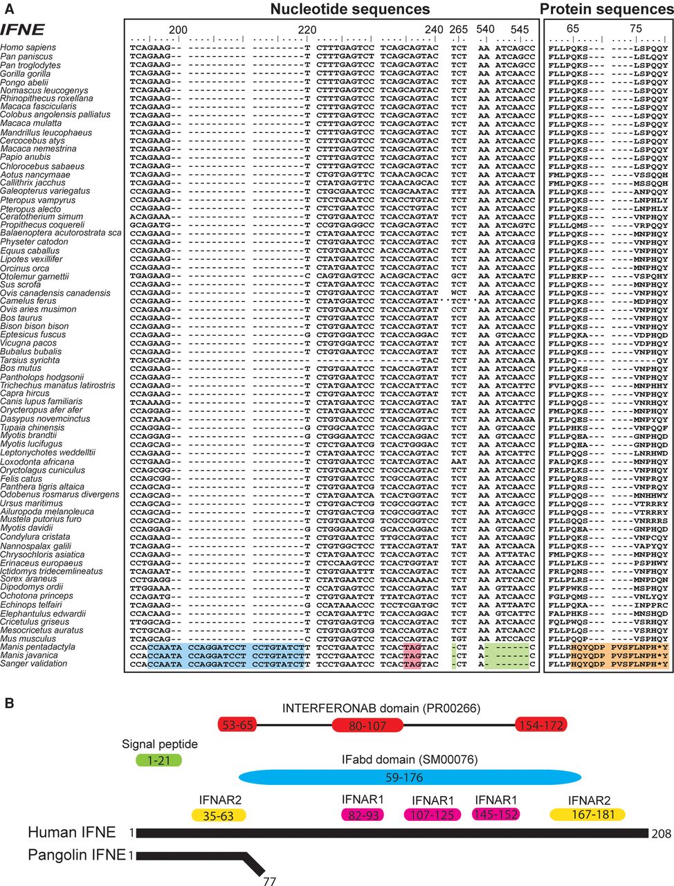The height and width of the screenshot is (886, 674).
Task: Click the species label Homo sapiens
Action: [28, 48]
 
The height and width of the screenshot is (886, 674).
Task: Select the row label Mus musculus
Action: [24, 639]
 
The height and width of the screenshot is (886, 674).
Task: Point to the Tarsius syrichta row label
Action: [30, 360]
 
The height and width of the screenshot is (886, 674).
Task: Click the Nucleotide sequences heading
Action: [349, 9]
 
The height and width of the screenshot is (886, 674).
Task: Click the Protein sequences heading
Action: [606, 9]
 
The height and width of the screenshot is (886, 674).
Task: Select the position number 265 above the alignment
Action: [458, 30]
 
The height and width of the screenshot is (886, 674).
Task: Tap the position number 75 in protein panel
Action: [636, 30]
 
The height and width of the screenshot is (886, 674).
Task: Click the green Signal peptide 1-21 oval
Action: [159, 760]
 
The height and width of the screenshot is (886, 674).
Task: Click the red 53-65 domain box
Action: [237, 725]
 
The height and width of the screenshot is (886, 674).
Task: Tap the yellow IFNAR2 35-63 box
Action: [218, 816]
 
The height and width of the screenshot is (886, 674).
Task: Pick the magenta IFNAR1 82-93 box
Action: [364, 815]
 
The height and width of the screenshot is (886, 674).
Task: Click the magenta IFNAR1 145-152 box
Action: [495, 815]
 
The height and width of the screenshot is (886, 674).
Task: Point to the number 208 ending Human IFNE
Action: [662, 834]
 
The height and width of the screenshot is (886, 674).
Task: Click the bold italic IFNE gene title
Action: [23, 29]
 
